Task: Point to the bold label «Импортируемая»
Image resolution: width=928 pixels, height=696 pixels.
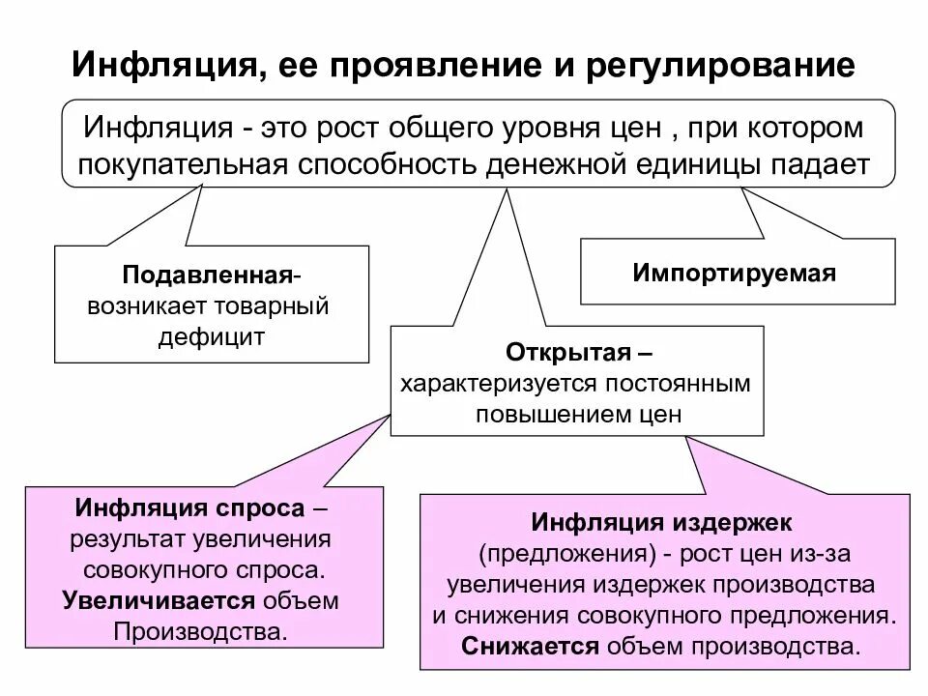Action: point(735,273)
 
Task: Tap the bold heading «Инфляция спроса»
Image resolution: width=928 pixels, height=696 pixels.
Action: point(189,509)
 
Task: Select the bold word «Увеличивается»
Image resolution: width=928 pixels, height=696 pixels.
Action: point(159,600)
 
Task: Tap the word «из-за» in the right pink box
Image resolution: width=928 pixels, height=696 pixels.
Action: point(823,554)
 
